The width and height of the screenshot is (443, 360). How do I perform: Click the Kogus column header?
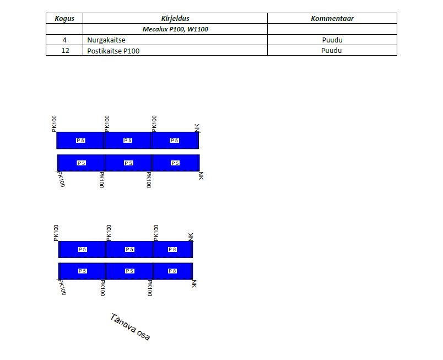[64, 18]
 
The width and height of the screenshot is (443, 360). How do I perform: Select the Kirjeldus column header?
[175, 18]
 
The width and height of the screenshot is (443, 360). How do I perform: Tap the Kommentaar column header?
[332, 18]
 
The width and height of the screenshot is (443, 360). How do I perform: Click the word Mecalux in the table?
[155, 29]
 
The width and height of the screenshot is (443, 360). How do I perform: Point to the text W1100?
[197, 29]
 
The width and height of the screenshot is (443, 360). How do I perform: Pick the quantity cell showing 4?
[64, 40]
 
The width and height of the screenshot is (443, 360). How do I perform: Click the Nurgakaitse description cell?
[175, 40]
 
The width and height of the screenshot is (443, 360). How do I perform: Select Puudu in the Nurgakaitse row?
[332, 40]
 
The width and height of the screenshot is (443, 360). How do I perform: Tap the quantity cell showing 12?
[64, 51]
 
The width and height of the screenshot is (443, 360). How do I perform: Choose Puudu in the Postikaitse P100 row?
[331, 51]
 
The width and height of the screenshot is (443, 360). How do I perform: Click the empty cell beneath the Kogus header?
[64, 29]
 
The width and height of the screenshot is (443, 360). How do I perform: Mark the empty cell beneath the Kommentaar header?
[332, 29]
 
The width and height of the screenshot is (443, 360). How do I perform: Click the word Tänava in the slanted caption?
[123, 323]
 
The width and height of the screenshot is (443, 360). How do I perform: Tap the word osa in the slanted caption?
[143, 334]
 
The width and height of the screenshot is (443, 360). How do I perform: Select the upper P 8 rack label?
[172, 249]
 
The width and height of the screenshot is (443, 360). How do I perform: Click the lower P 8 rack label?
[172, 271]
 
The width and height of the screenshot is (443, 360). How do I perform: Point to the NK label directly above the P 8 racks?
[191, 237]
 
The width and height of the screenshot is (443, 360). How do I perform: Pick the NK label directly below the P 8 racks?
[194, 284]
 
